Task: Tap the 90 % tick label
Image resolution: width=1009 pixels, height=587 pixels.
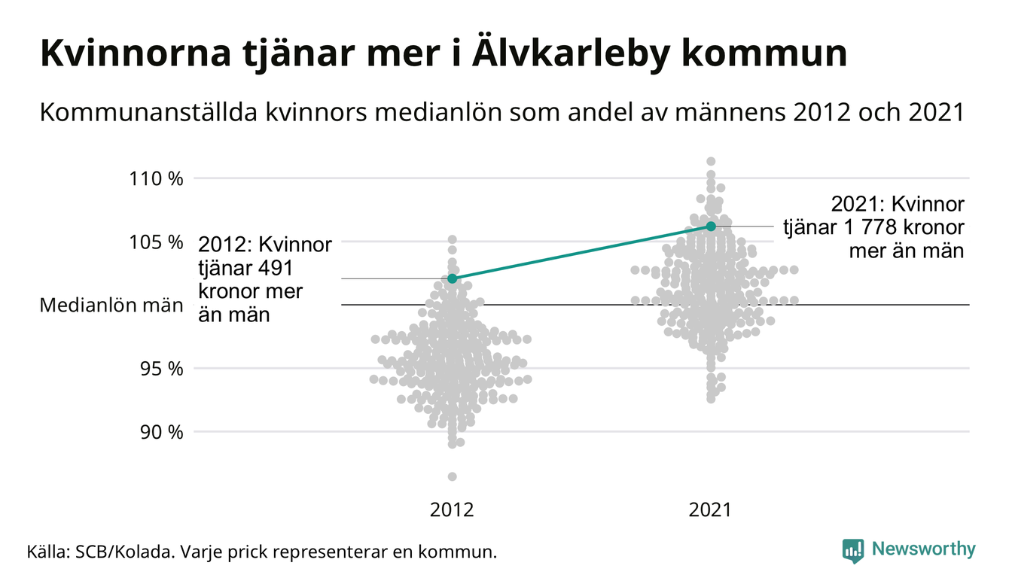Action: (x=161, y=432)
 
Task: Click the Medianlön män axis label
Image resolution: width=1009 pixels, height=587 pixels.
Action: (x=111, y=306)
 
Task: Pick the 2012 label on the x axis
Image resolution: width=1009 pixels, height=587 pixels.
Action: (x=452, y=510)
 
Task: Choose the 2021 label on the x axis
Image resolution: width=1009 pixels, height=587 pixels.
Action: (x=711, y=510)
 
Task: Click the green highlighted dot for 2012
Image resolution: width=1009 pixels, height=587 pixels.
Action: (x=452, y=278)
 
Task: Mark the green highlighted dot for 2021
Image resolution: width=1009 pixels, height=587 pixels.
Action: (x=711, y=226)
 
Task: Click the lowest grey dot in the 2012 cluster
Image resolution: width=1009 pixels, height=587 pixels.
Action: (x=452, y=476)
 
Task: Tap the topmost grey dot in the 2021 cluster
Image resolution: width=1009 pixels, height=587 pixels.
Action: (x=711, y=161)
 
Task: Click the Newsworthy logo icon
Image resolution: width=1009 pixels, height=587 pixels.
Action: (x=853, y=550)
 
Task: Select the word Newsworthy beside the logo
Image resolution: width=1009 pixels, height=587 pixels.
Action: (x=924, y=549)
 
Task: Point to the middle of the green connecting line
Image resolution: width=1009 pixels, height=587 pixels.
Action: (x=581, y=252)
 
